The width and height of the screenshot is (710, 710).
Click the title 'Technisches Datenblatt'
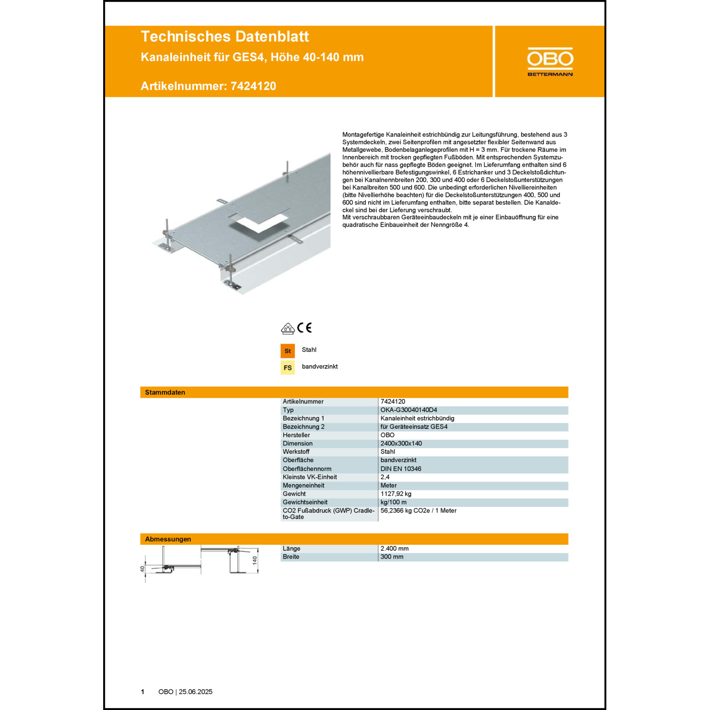click(x=225, y=36)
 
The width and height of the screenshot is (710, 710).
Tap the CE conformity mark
click(x=305, y=328)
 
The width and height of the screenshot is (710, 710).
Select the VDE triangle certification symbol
click(x=288, y=328)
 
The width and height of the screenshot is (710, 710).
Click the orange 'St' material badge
click(x=287, y=351)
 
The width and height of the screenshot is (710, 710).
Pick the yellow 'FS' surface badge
click(x=287, y=368)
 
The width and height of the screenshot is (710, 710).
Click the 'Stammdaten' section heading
click(x=165, y=392)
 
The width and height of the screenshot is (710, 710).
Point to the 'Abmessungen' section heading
click(x=168, y=539)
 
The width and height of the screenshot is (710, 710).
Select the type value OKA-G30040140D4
click(x=409, y=410)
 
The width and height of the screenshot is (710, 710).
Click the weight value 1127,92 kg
click(x=396, y=494)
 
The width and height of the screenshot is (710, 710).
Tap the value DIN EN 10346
click(x=401, y=469)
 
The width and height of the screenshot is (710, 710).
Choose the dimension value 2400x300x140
click(x=401, y=444)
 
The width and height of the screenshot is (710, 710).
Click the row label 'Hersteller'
click(x=296, y=435)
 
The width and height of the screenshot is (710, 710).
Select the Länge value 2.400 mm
click(x=395, y=549)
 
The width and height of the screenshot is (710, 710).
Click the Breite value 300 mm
click(x=392, y=557)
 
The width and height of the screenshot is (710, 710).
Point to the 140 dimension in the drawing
click(x=255, y=560)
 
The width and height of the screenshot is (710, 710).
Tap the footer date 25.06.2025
click(x=195, y=692)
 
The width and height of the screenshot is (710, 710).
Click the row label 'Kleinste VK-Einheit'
click(x=310, y=477)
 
